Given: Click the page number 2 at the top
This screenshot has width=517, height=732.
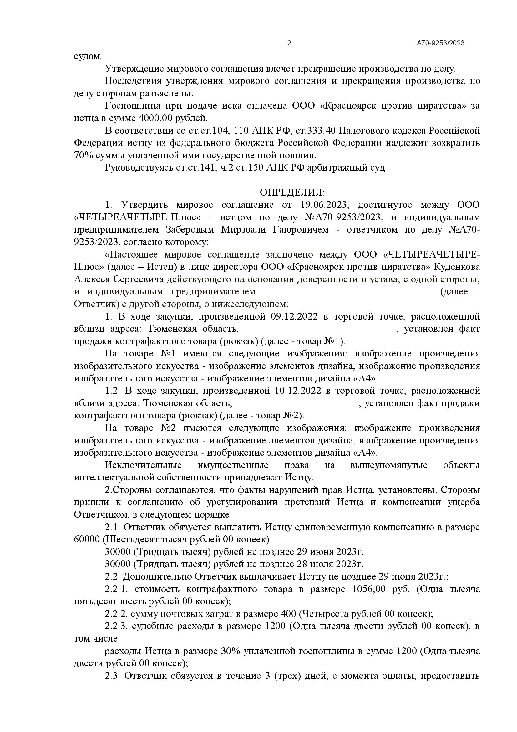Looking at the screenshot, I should [289, 44].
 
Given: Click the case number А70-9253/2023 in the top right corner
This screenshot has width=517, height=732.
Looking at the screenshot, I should [441, 44].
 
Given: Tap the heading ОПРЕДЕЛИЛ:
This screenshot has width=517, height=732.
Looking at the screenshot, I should [292, 192].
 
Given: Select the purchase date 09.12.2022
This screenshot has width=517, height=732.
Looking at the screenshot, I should [294, 317].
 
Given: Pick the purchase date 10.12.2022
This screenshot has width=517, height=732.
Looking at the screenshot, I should [298, 391].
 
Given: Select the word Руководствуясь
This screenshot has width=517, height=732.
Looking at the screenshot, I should [139, 168].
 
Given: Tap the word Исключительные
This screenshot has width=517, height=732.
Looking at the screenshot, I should [143, 465].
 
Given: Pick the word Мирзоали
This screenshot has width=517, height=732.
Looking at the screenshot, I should [246, 229].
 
